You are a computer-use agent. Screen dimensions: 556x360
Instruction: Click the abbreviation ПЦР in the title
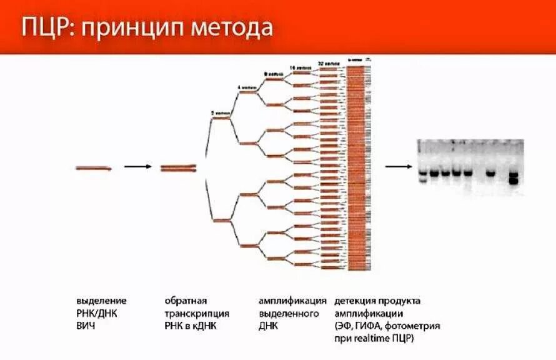pyautogui.click(x=45, y=27)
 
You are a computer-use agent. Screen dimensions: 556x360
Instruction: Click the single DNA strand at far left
pyautogui.click(x=94, y=167)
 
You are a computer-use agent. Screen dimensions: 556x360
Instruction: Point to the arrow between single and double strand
pyautogui.click(x=137, y=167)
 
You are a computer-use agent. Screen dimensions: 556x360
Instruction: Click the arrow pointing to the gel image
pyautogui.click(x=397, y=167)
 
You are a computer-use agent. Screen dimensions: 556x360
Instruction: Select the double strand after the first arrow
pyautogui.click(x=179, y=167)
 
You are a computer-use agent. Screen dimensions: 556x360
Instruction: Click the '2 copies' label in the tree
pyautogui.click(x=221, y=112)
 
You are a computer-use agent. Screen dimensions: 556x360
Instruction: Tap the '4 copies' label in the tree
pyautogui.click(x=246, y=86)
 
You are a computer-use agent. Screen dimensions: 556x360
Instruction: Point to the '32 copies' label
pyautogui.click(x=329, y=63)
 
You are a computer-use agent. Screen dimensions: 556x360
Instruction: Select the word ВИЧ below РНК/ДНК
pyautogui.click(x=87, y=326)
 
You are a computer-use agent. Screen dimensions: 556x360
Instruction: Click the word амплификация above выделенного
pyautogui.click(x=292, y=301)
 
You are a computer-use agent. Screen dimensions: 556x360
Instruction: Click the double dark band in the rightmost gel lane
pyautogui.click(x=514, y=178)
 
